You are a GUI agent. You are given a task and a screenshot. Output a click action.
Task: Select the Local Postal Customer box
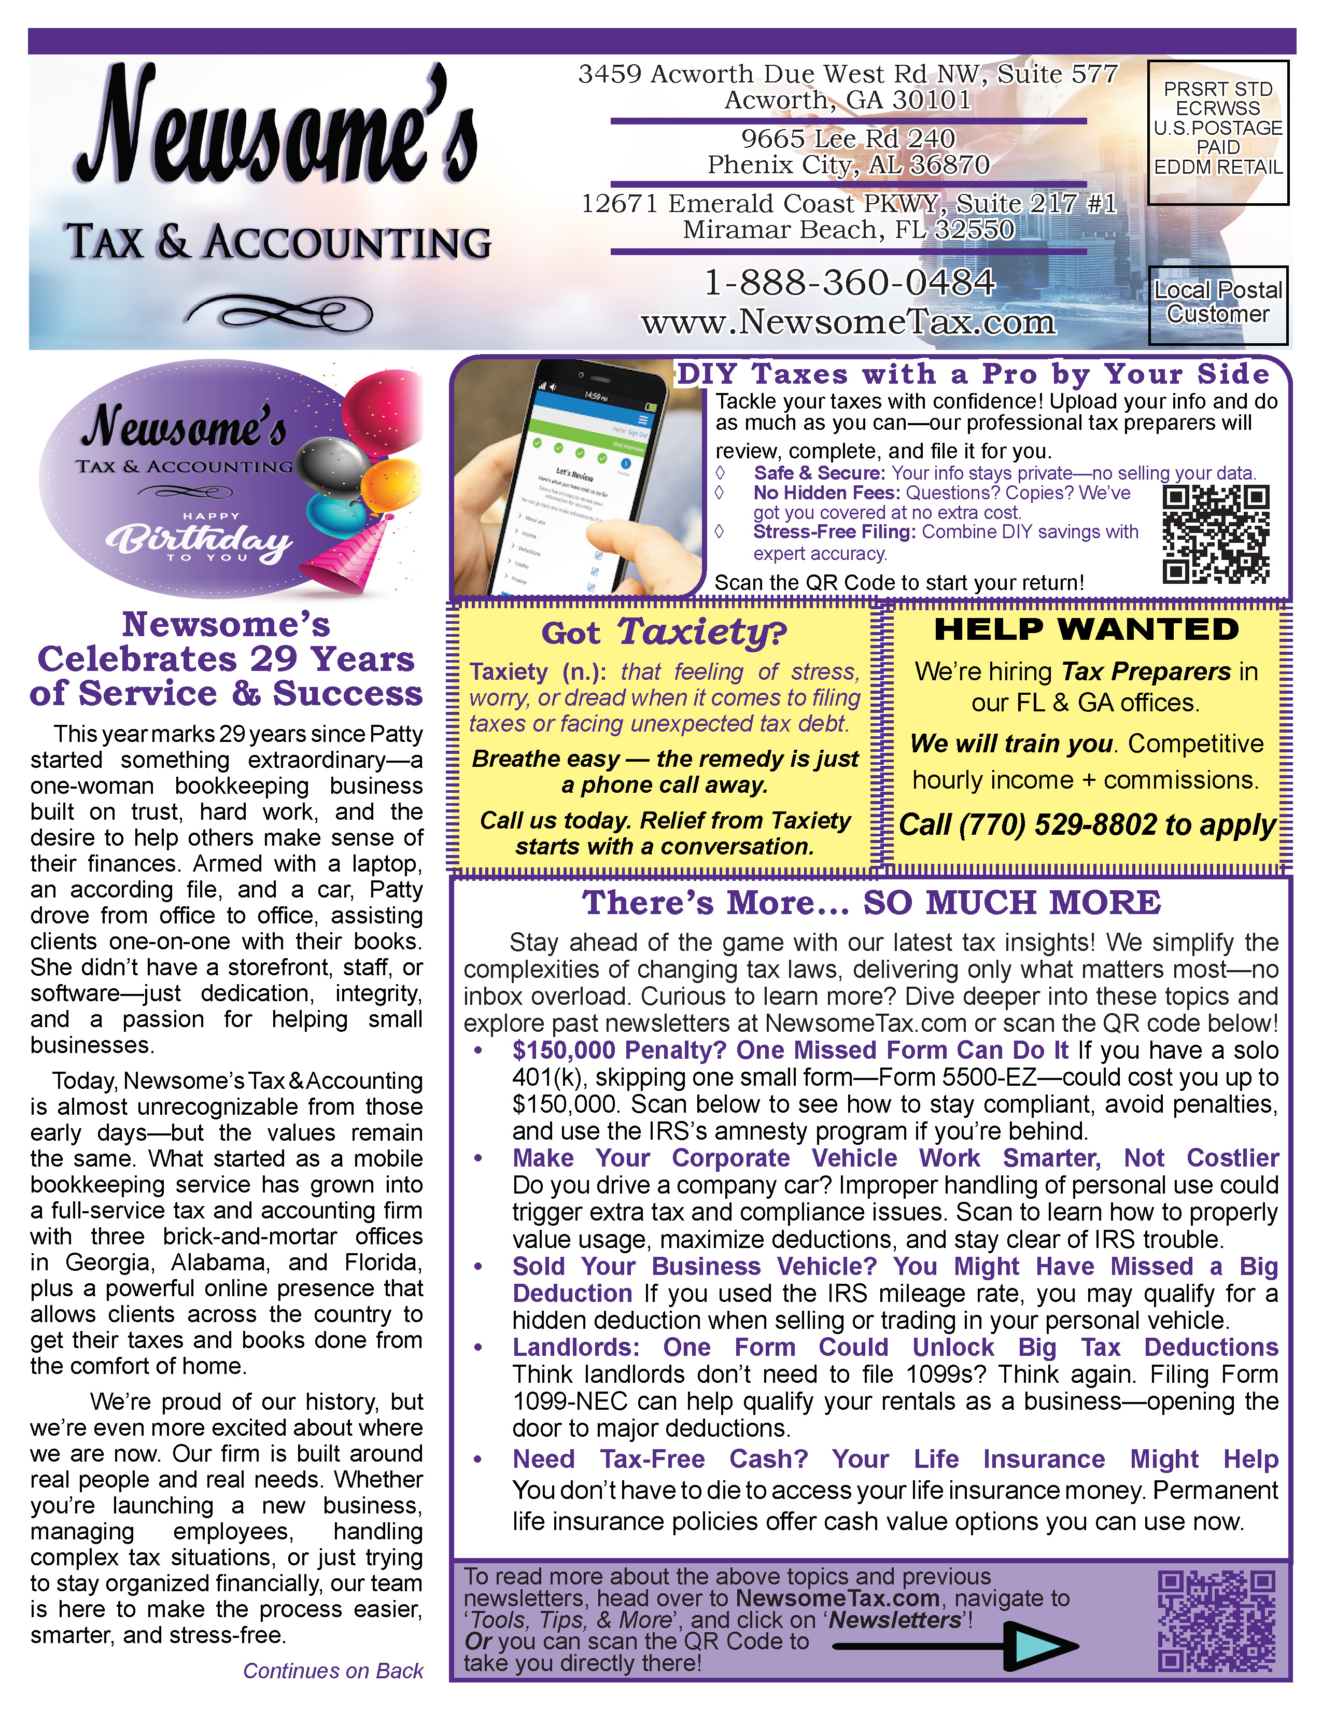[1218, 303]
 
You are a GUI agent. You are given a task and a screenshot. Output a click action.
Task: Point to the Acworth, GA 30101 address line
[848, 100]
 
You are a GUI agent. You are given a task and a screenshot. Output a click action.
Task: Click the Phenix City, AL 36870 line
[848, 165]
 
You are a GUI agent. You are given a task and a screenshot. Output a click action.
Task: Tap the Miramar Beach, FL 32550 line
[848, 230]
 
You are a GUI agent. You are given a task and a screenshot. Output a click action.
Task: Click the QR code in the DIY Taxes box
[1216, 534]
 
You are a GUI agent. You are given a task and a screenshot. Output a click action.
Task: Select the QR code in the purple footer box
[1216, 1620]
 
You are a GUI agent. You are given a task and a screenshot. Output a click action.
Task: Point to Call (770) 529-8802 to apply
[1087, 825]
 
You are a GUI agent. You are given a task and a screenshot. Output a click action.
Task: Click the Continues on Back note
[333, 1671]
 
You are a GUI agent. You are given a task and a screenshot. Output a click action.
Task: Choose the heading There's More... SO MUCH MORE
[871, 903]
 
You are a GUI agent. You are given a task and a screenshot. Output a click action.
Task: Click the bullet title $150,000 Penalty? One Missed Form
[791, 1050]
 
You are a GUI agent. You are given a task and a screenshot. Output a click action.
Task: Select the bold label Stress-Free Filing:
[834, 532]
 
